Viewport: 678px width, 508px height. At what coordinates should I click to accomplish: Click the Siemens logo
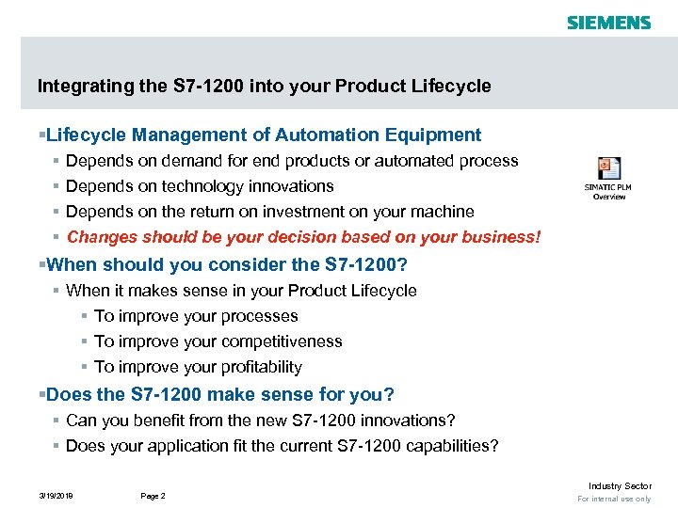pyautogui.click(x=608, y=22)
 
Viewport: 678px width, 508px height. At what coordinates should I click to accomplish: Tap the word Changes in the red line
pyautogui.click(x=100, y=237)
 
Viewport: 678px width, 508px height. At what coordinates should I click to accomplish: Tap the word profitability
pyautogui.click(x=257, y=367)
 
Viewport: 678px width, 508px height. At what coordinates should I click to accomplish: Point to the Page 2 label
pyautogui.click(x=153, y=496)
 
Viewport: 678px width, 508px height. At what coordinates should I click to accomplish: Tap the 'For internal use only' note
pyautogui.click(x=614, y=499)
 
